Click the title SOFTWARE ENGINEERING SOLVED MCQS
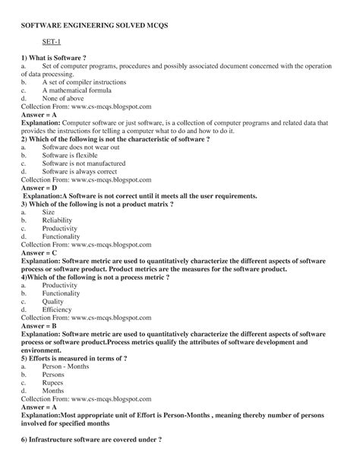click(94, 25)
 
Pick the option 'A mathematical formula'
click(76, 90)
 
